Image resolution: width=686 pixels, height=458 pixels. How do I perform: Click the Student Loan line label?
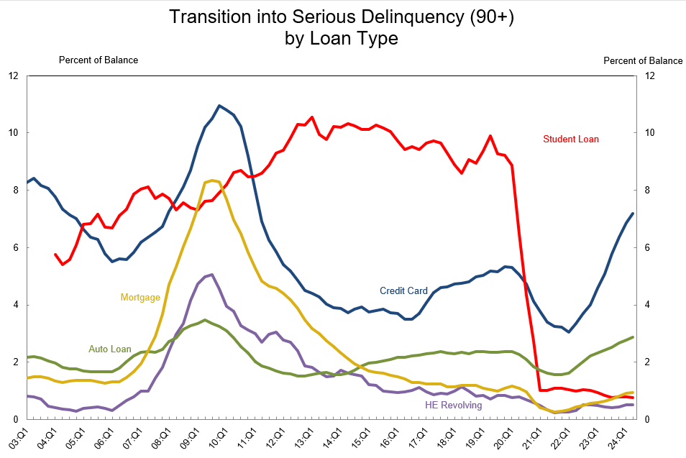(x=570, y=139)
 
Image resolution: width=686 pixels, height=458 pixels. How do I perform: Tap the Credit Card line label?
(x=403, y=291)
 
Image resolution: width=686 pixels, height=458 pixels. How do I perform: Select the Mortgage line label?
(x=140, y=297)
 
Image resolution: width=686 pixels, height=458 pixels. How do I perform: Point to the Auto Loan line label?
(x=110, y=349)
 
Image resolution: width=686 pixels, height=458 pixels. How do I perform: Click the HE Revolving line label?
(x=453, y=406)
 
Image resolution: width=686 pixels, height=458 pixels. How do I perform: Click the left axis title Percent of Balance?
(x=98, y=60)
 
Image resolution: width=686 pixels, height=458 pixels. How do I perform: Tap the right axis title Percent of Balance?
(x=642, y=61)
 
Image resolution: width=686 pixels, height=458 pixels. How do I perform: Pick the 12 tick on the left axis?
(x=13, y=75)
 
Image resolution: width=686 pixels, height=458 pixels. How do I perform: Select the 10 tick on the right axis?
(x=651, y=133)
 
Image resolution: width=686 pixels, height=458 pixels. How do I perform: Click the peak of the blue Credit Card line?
(x=219, y=106)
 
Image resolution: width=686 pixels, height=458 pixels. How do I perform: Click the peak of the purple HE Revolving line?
(x=211, y=275)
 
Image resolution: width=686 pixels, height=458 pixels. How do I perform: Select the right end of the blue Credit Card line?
(x=633, y=213)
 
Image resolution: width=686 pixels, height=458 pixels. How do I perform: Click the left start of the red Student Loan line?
(x=55, y=255)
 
